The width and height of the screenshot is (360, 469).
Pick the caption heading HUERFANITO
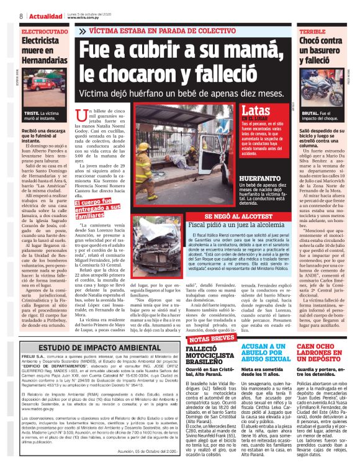[x=257, y=177]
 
